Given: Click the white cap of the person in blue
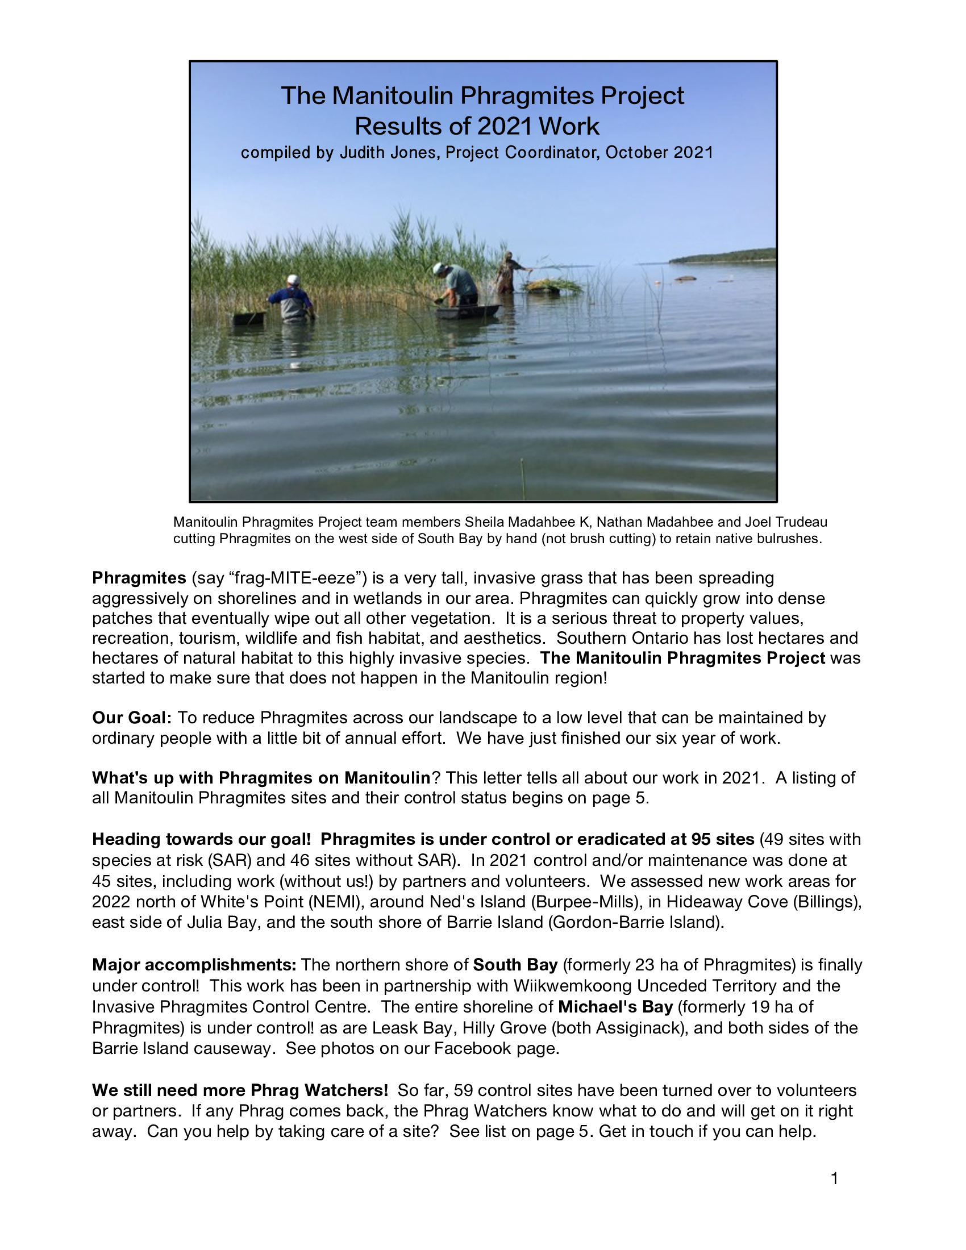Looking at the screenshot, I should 293,280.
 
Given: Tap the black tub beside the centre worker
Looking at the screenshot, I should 467,311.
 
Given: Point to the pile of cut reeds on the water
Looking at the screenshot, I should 548,285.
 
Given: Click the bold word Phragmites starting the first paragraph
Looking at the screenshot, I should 139,578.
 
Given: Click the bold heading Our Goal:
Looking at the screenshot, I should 132,718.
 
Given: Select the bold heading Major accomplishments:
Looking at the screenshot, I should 194,965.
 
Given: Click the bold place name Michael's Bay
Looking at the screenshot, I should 615,1007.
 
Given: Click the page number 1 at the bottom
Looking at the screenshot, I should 834,1178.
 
